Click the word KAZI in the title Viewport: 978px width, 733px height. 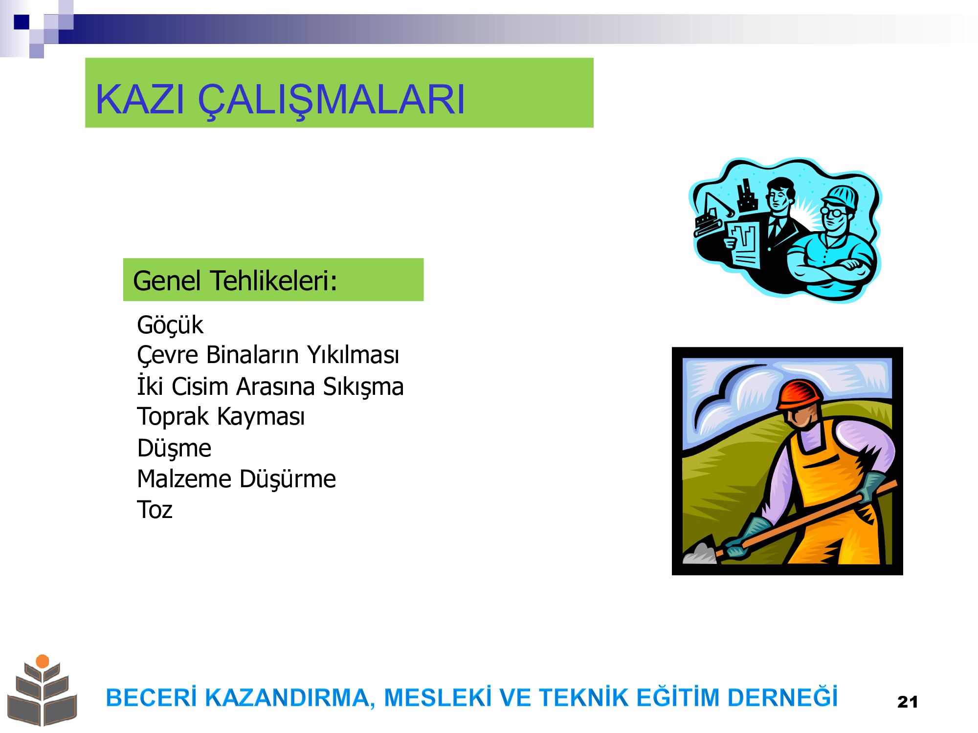point(140,100)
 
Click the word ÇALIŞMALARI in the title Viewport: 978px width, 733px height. point(331,101)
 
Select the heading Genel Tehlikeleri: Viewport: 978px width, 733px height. point(235,281)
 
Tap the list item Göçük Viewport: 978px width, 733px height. point(170,325)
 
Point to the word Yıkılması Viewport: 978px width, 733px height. point(353,355)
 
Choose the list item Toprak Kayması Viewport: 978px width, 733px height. point(221,417)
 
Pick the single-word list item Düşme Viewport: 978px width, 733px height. point(174,448)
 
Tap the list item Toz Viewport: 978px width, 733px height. point(155,510)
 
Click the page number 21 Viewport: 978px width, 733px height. point(908,702)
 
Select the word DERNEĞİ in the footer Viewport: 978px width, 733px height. point(782,697)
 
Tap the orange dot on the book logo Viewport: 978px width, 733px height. point(43,661)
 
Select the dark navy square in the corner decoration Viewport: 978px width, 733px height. point(22,22)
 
